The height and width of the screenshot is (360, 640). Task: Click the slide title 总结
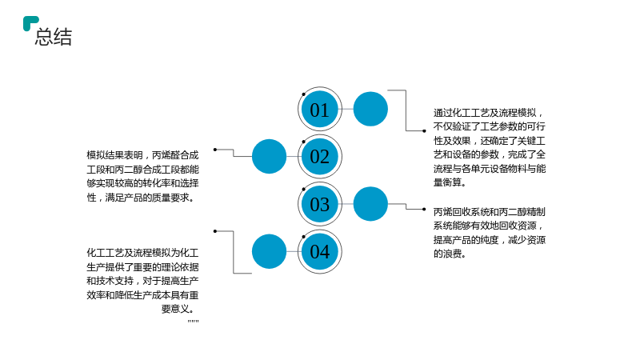click(54, 37)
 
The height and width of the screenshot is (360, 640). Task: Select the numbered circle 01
click(319, 109)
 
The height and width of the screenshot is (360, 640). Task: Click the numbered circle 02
click(319, 157)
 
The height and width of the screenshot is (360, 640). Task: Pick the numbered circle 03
click(319, 204)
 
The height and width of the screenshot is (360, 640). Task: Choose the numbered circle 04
click(319, 251)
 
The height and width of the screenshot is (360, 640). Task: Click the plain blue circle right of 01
click(370, 109)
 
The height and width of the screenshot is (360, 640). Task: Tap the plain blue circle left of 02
click(269, 156)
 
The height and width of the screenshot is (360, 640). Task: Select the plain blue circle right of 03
click(370, 204)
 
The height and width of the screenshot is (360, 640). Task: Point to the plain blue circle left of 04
click(269, 251)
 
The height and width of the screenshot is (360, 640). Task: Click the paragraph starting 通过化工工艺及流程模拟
click(490, 147)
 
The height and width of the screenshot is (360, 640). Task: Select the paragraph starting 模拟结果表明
click(143, 176)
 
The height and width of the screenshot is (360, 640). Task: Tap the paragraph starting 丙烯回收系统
click(490, 233)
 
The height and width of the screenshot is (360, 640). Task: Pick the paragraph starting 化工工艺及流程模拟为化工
click(143, 281)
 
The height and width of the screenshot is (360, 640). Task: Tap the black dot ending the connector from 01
click(424, 131)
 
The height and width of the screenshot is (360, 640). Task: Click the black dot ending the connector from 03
click(424, 210)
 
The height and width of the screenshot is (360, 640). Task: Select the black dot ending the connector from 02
click(215, 150)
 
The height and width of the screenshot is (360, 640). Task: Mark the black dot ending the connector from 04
click(215, 231)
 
